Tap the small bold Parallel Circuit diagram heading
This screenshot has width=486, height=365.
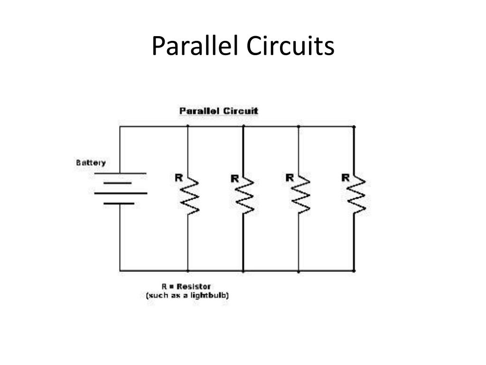click(219, 111)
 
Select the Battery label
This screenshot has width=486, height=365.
click(91, 163)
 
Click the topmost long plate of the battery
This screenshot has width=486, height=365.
click(120, 173)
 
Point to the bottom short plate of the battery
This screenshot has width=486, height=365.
click(119, 203)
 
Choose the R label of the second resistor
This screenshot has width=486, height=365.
click(234, 179)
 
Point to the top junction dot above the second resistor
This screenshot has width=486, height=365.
click(243, 126)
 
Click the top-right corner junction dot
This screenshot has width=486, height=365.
click(354, 126)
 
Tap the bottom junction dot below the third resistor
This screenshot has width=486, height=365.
click(299, 271)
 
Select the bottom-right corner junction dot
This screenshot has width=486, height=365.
click(354, 271)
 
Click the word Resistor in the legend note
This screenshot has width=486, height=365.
click(193, 287)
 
